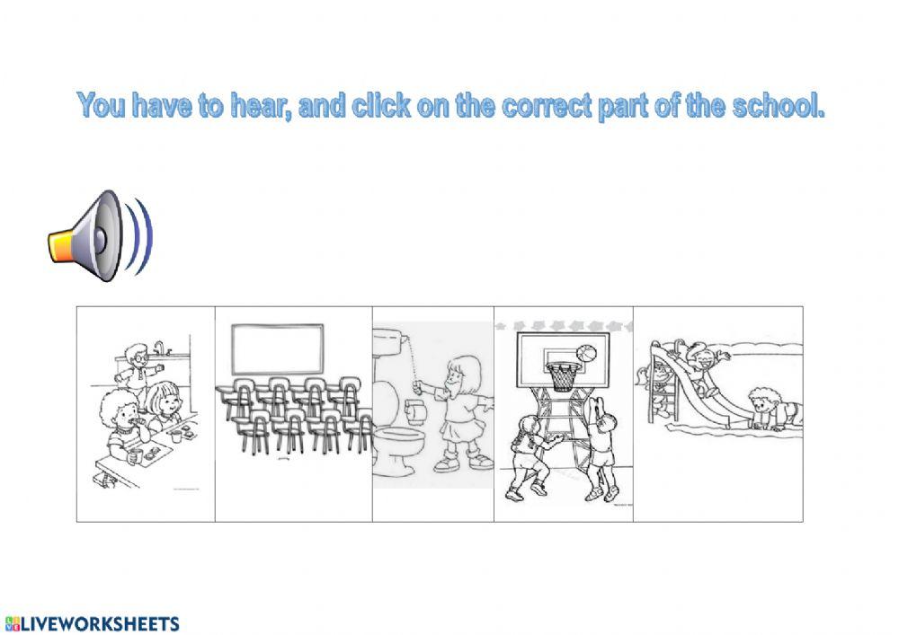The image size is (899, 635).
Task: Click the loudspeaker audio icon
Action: (99, 236)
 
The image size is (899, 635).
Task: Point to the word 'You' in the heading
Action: (102, 106)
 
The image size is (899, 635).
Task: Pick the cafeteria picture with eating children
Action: (146, 413)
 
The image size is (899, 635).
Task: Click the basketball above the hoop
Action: (585, 352)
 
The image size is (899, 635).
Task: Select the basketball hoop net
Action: (563, 377)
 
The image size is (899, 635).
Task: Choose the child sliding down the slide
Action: (702, 363)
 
